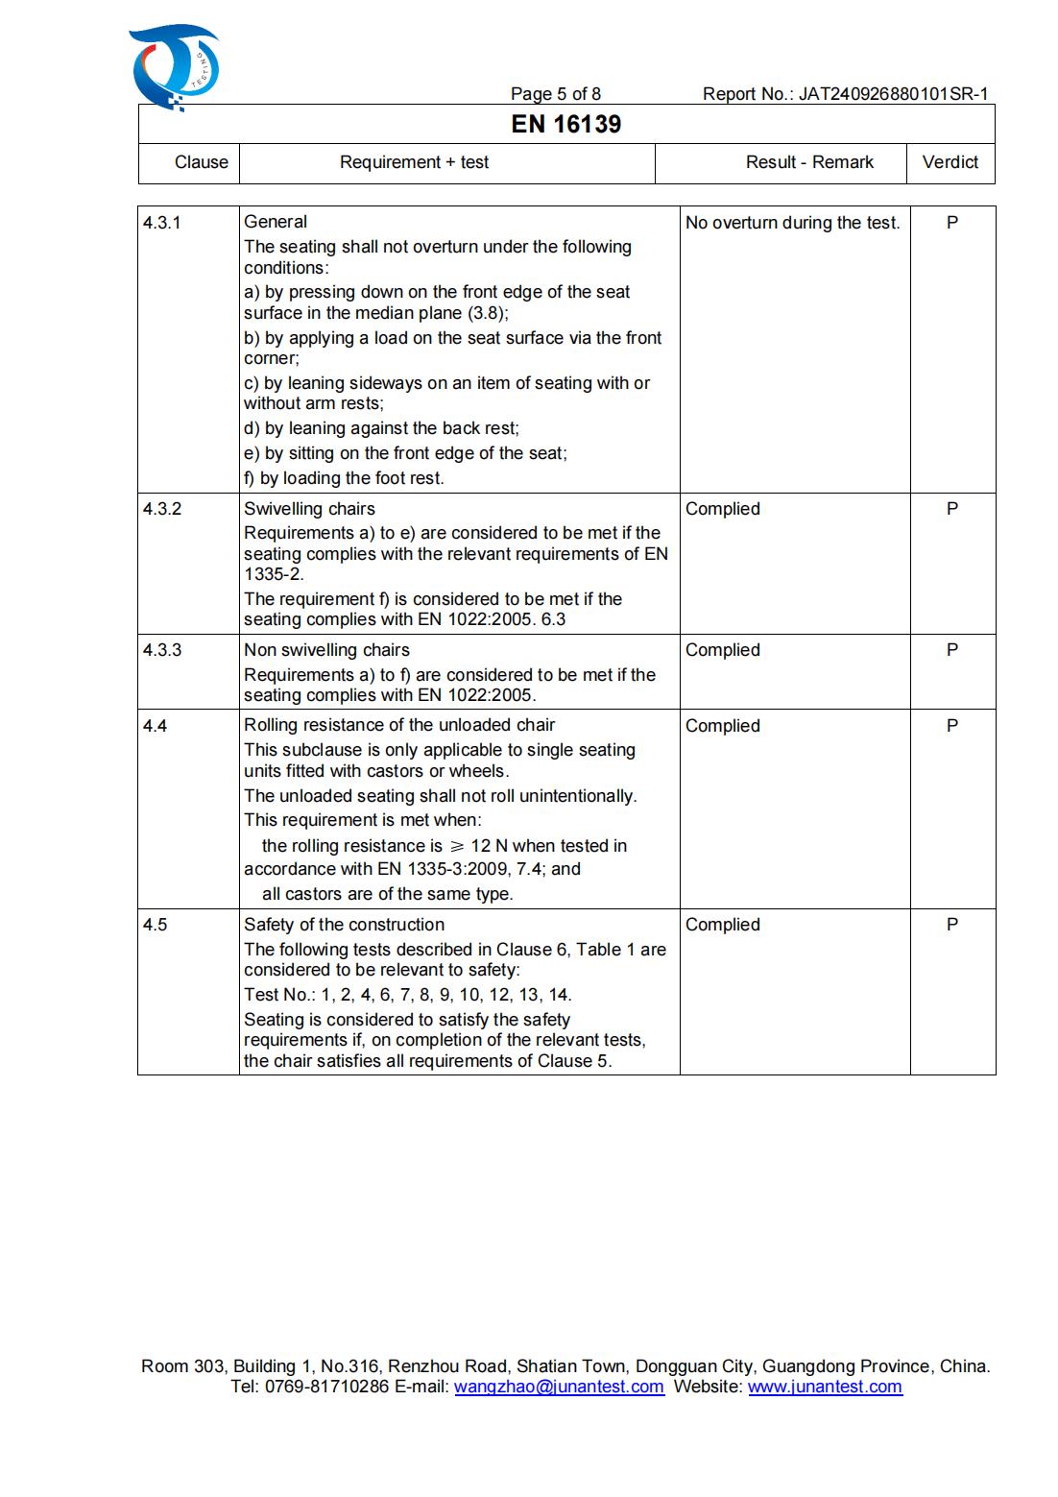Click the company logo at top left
click(174, 67)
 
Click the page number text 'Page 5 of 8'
click(555, 94)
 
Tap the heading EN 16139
click(565, 124)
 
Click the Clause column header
click(201, 162)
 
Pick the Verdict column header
click(950, 162)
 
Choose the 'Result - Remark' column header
click(809, 162)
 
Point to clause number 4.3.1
click(161, 223)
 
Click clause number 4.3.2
click(161, 509)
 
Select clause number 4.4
click(155, 726)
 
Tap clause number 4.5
click(155, 925)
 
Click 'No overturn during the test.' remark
click(792, 223)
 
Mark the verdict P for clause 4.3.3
click(951, 650)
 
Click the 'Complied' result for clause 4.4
click(722, 726)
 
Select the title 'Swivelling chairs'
click(309, 509)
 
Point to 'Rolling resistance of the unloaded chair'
click(398, 725)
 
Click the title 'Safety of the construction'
click(344, 925)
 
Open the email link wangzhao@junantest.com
click(559, 1387)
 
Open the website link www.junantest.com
click(825, 1387)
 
